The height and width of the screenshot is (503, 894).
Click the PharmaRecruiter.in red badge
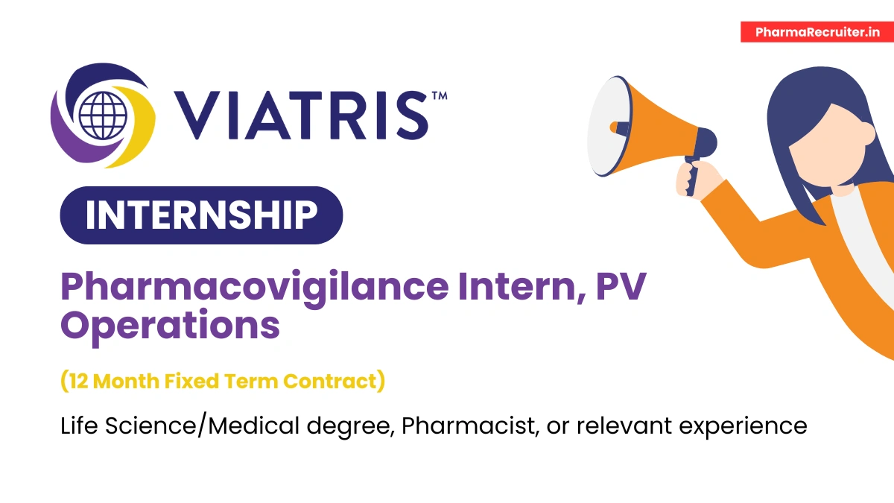[x=817, y=32]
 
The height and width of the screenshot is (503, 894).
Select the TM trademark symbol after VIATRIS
[x=439, y=96]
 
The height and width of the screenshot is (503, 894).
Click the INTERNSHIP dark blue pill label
[x=201, y=215]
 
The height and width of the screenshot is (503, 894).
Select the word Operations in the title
[x=171, y=326]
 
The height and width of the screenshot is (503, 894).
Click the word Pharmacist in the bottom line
[x=465, y=426]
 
